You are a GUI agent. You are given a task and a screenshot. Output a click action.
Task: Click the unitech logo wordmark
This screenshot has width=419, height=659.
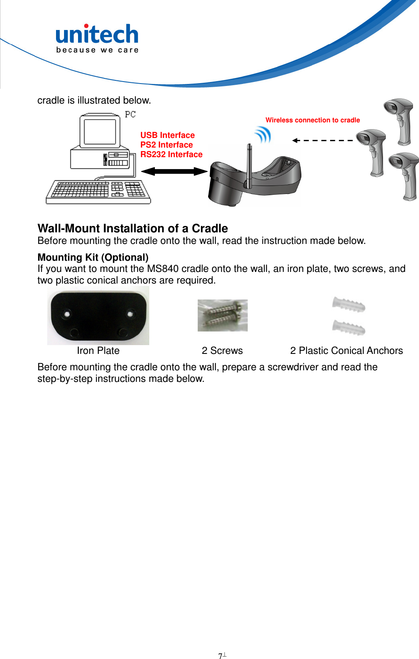97,34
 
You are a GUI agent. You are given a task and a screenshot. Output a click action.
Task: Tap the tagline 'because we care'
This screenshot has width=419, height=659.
97,50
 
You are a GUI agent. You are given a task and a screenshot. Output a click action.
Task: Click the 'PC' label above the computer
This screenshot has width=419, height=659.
130,114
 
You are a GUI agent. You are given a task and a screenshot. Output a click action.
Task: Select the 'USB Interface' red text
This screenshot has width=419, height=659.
167,135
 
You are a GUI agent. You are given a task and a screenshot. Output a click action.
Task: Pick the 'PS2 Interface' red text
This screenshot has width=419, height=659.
166,145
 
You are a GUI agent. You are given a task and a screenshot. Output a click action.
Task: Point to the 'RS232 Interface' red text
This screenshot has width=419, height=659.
171,154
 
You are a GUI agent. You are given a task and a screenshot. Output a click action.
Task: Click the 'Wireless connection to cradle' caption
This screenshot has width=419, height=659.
313,120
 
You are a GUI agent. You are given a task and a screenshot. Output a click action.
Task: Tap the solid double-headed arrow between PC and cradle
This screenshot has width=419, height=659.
174,172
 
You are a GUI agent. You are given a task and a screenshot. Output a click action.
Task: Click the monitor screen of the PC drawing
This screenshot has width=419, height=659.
100,131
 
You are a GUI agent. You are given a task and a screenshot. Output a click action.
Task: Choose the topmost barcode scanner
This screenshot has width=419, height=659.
399,120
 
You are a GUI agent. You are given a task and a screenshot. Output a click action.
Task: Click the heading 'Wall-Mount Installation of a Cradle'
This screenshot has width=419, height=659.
132,228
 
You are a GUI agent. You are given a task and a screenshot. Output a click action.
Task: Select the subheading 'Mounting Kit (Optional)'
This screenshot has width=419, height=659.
93,257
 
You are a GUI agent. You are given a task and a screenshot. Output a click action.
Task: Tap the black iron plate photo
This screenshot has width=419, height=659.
98,316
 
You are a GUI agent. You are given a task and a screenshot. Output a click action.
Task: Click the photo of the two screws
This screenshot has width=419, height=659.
223,316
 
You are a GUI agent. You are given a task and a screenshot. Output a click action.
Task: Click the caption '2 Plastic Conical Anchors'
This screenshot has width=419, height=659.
346,350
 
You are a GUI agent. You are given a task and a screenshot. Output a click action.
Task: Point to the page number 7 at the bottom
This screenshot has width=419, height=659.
221,656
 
